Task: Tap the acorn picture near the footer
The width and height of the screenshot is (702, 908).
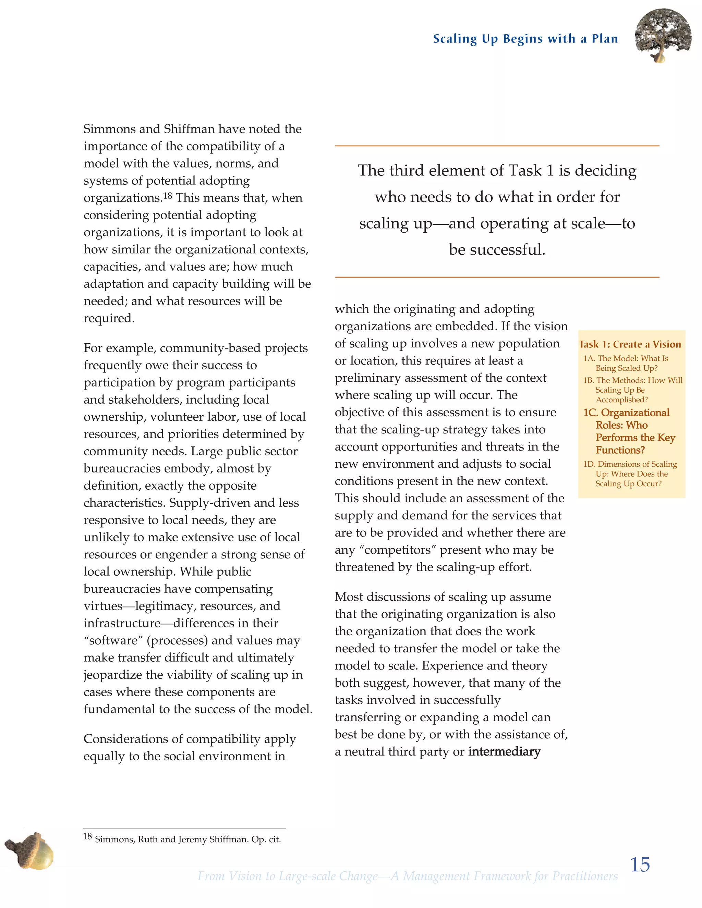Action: [x=30, y=850]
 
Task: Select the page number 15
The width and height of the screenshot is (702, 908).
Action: [x=640, y=865]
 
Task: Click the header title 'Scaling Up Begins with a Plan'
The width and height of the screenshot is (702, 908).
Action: [x=525, y=39]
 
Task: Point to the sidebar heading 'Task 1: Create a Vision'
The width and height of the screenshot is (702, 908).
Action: [x=630, y=344]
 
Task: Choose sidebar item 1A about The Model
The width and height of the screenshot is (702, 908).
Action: [x=626, y=363]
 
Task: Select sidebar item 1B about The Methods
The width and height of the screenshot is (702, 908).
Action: [x=632, y=390]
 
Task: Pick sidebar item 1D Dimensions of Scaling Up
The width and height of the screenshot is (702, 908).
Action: [x=630, y=474]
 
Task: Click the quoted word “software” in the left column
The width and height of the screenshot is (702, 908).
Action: [x=113, y=640]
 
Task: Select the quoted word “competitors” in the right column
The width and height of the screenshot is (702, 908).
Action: [x=400, y=550]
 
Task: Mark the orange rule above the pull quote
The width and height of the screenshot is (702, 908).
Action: [x=497, y=146]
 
